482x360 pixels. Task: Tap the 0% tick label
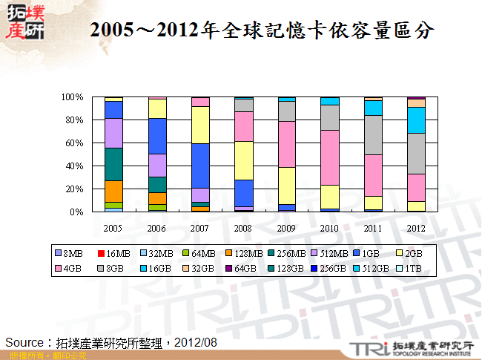point(77,212)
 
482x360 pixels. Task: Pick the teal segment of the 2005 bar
point(113,164)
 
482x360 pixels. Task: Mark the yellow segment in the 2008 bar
point(243,160)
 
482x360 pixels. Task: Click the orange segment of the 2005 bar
point(113,191)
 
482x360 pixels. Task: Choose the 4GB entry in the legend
point(73,266)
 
